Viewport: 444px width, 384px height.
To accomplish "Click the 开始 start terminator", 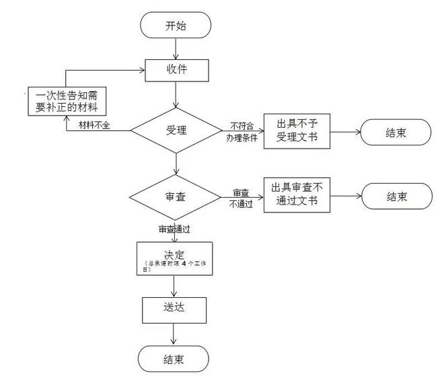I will [x=175, y=26].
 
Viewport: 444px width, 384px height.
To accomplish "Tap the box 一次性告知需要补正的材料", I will [x=67, y=100].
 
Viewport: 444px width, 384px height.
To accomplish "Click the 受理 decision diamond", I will [x=175, y=130].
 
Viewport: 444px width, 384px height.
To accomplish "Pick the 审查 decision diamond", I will [x=175, y=196].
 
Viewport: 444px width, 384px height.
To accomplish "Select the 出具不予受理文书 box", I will [x=297, y=132].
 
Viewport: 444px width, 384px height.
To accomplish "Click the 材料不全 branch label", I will [x=94, y=126].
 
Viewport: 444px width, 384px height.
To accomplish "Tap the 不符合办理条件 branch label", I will [x=242, y=131].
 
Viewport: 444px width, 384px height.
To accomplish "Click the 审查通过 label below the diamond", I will [x=174, y=229].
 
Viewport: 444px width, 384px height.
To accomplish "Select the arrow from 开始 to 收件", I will [x=175, y=48].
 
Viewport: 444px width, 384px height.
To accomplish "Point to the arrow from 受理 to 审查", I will [x=175, y=163].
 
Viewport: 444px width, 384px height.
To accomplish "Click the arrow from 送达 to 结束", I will [x=174, y=334].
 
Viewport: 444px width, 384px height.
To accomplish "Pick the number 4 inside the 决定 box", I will [x=184, y=264].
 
